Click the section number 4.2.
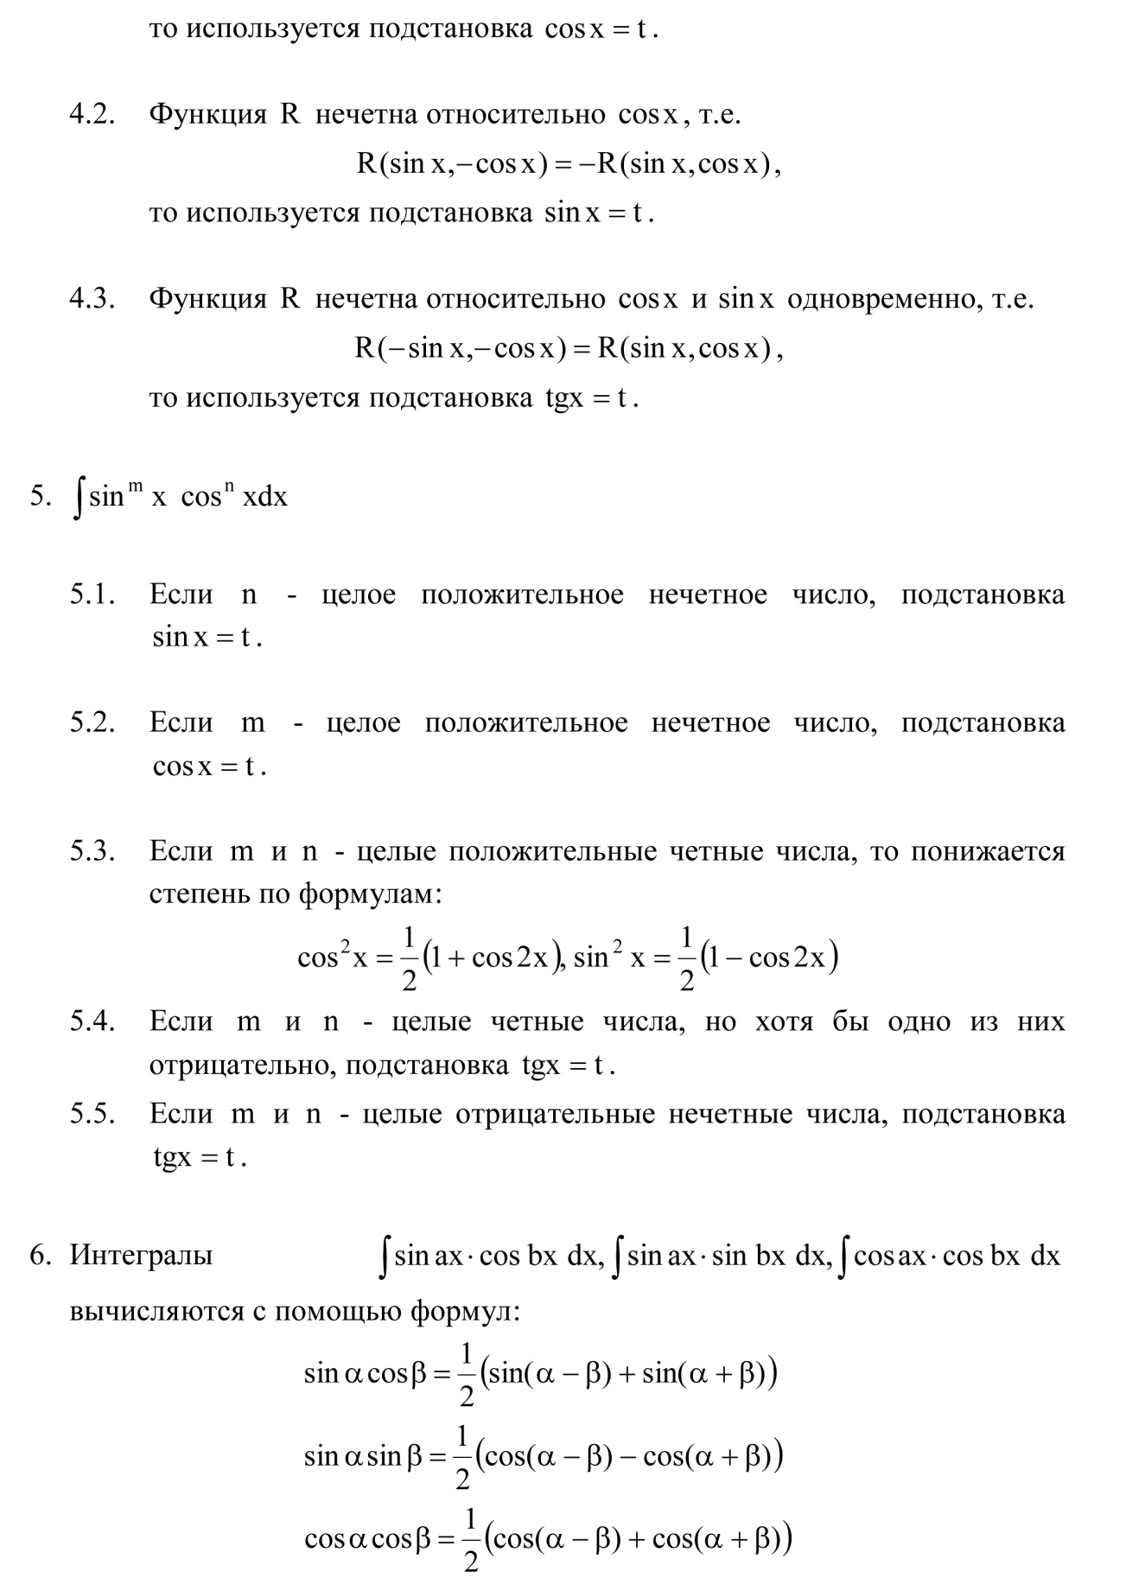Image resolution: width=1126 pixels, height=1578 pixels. coord(92,115)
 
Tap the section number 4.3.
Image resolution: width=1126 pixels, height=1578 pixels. coord(92,299)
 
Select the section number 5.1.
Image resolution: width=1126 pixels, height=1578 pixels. coord(92,595)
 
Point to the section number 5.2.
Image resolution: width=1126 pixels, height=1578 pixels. coord(92,722)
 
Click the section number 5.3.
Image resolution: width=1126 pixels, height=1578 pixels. coord(92,851)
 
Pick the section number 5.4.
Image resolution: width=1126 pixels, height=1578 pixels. coord(92,1021)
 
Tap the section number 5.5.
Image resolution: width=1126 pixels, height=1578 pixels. coord(92,1114)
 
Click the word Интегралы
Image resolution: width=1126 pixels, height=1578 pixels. coord(141,1255)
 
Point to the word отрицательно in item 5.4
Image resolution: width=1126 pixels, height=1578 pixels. coord(242,1066)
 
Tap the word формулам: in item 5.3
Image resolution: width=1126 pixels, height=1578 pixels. coord(371,894)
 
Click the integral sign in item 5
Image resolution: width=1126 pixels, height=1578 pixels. coord(79,499)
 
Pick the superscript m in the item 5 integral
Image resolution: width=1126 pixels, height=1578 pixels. coord(136,488)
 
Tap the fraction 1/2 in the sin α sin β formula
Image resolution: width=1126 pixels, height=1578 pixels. coord(463,1458)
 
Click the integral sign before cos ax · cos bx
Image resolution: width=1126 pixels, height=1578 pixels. coord(846,1257)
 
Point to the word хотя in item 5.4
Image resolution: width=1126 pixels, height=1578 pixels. coord(784,1021)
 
